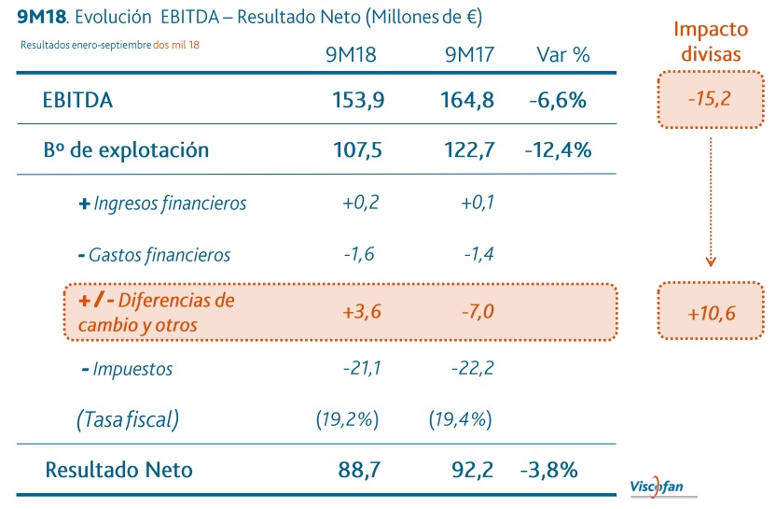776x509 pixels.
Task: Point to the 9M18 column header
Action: (351, 54)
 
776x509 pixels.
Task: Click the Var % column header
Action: (563, 54)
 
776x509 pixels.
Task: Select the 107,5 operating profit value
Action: (357, 149)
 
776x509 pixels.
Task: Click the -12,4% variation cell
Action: (558, 149)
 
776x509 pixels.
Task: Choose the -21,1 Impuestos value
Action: (362, 368)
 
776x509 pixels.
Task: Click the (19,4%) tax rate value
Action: (460, 419)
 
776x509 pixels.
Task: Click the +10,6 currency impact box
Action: (712, 312)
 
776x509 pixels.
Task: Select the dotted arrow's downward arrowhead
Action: (712, 262)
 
